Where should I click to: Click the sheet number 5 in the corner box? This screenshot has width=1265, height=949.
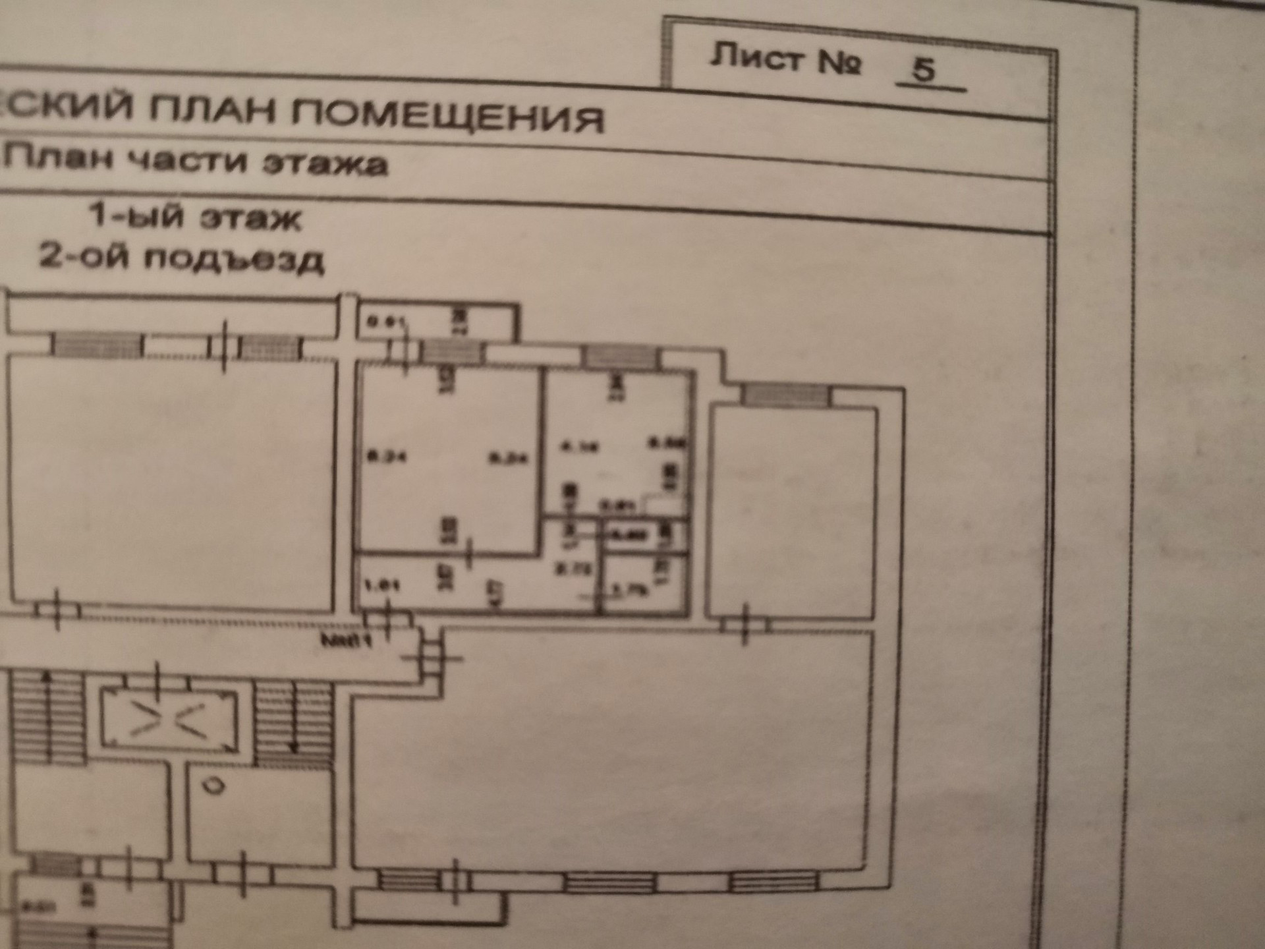[924, 69]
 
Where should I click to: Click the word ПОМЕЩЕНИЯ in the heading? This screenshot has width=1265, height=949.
[447, 116]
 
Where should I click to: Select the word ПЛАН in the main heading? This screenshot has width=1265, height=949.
[213, 109]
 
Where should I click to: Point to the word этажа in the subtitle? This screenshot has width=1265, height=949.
[325, 163]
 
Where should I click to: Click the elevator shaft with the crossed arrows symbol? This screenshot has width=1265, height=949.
[169, 720]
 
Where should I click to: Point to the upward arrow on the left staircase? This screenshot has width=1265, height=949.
[47, 679]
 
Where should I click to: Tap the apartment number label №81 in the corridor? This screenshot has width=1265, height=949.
[347, 640]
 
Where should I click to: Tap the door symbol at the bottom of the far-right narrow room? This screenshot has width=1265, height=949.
[745, 623]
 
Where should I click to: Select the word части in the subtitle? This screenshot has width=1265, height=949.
[189, 160]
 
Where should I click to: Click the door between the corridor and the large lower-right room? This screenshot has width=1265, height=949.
[432, 658]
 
